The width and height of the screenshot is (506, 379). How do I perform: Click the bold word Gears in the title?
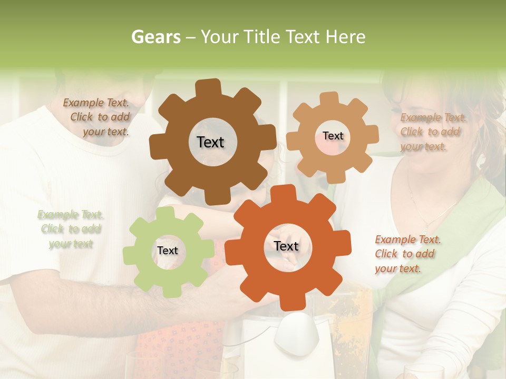click(x=155, y=37)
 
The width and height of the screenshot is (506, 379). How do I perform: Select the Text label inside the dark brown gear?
click(x=210, y=142)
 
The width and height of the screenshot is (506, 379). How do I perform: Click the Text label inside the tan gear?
click(x=333, y=136)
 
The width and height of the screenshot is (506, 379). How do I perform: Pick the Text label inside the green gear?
click(x=168, y=251)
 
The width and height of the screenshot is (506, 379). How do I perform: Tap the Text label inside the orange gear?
click(x=286, y=246)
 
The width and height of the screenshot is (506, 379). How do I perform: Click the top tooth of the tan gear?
click(x=329, y=98)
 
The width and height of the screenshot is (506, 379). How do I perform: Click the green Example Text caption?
click(x=71, y=229)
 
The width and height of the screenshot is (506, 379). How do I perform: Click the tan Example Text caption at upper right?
click(x=432, y=132)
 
